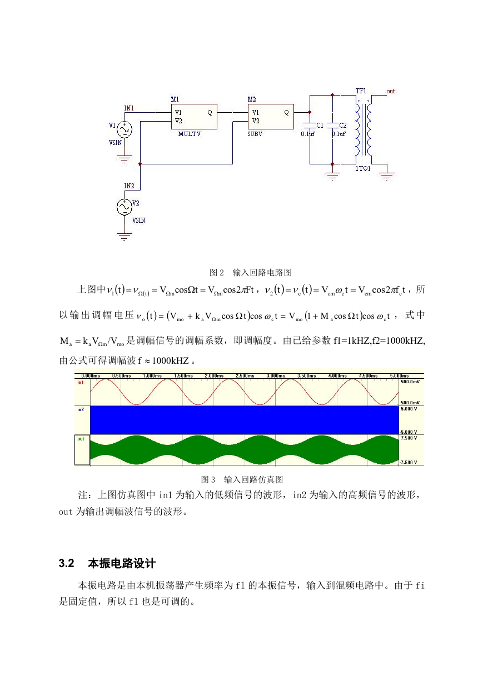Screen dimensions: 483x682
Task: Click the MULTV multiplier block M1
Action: [194, 117]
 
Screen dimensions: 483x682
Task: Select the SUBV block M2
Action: [271, 117]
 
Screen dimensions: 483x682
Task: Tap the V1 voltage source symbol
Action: [125, 129]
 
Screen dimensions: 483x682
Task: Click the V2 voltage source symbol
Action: [125, 207]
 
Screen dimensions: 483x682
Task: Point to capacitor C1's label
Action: [320, 125]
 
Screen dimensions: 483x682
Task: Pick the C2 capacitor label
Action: [343, 125]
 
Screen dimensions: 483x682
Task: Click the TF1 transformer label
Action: [361, 91]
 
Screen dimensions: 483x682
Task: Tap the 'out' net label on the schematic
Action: [391, 91]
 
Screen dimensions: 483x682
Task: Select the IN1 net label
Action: [129, 108]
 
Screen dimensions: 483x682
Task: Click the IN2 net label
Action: [129, 185]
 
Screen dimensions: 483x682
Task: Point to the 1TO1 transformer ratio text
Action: [363, 169]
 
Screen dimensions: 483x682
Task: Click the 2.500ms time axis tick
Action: [245, 375]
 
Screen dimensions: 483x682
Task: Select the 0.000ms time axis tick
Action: [91, 375]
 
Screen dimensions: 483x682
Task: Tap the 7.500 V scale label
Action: [409, 438]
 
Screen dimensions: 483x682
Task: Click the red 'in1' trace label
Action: [81, 383]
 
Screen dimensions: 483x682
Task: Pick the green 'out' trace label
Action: [81, 439]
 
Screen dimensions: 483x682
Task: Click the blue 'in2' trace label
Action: [81, 409]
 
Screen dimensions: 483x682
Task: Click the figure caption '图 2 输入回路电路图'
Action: [251, 273]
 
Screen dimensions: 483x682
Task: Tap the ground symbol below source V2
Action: [125, 237]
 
